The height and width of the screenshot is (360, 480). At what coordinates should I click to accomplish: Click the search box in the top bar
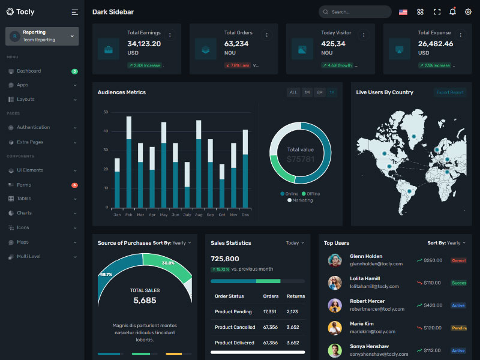pyautogui.click(x=355, y=12)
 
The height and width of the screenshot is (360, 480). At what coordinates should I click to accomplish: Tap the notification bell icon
pyautogui.click(x=452, y=11)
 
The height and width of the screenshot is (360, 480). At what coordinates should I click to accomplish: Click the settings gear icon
pyautogui.click(x=468, y=11)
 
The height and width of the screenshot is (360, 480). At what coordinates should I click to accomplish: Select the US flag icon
pyautogui.click(x=403, y=12)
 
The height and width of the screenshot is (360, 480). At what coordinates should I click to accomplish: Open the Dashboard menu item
pyautogui.click(x=29, y=71)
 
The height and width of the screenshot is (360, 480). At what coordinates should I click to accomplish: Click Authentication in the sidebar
pyautogui.click(x=33, y=127)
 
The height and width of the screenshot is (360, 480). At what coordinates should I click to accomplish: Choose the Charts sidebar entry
pyautogui.click(x=24, y=213)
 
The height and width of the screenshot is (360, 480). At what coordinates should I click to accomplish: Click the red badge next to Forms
pyautogui.click(x=74, y=185)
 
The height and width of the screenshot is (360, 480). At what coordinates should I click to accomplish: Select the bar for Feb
pyautogui.click(x=129, y=162)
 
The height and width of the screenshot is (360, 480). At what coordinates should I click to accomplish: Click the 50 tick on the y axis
pyautogui.click(x=106, y=112)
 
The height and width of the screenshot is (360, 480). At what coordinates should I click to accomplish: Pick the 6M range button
pyautogui.click(x=320, y=92)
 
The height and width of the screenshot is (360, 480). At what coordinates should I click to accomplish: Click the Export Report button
pyautogui.click(x=450, y=92)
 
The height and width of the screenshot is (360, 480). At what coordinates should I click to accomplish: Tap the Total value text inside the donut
pyautogui.click(x=301, y=149)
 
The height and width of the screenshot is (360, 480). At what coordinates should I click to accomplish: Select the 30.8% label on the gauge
pyautogui.click(x=168, y=263)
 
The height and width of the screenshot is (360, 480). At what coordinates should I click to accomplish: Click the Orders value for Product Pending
pyautogui.click(x=270, y=311)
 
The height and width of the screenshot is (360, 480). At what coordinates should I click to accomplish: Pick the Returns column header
pyautogui.click(x=296, y=296)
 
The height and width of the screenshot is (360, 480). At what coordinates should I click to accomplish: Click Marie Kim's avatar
pyautogui.click(x=335, y=328)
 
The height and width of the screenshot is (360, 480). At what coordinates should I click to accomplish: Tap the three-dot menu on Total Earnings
pyautogui.click(x=170, y=35)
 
